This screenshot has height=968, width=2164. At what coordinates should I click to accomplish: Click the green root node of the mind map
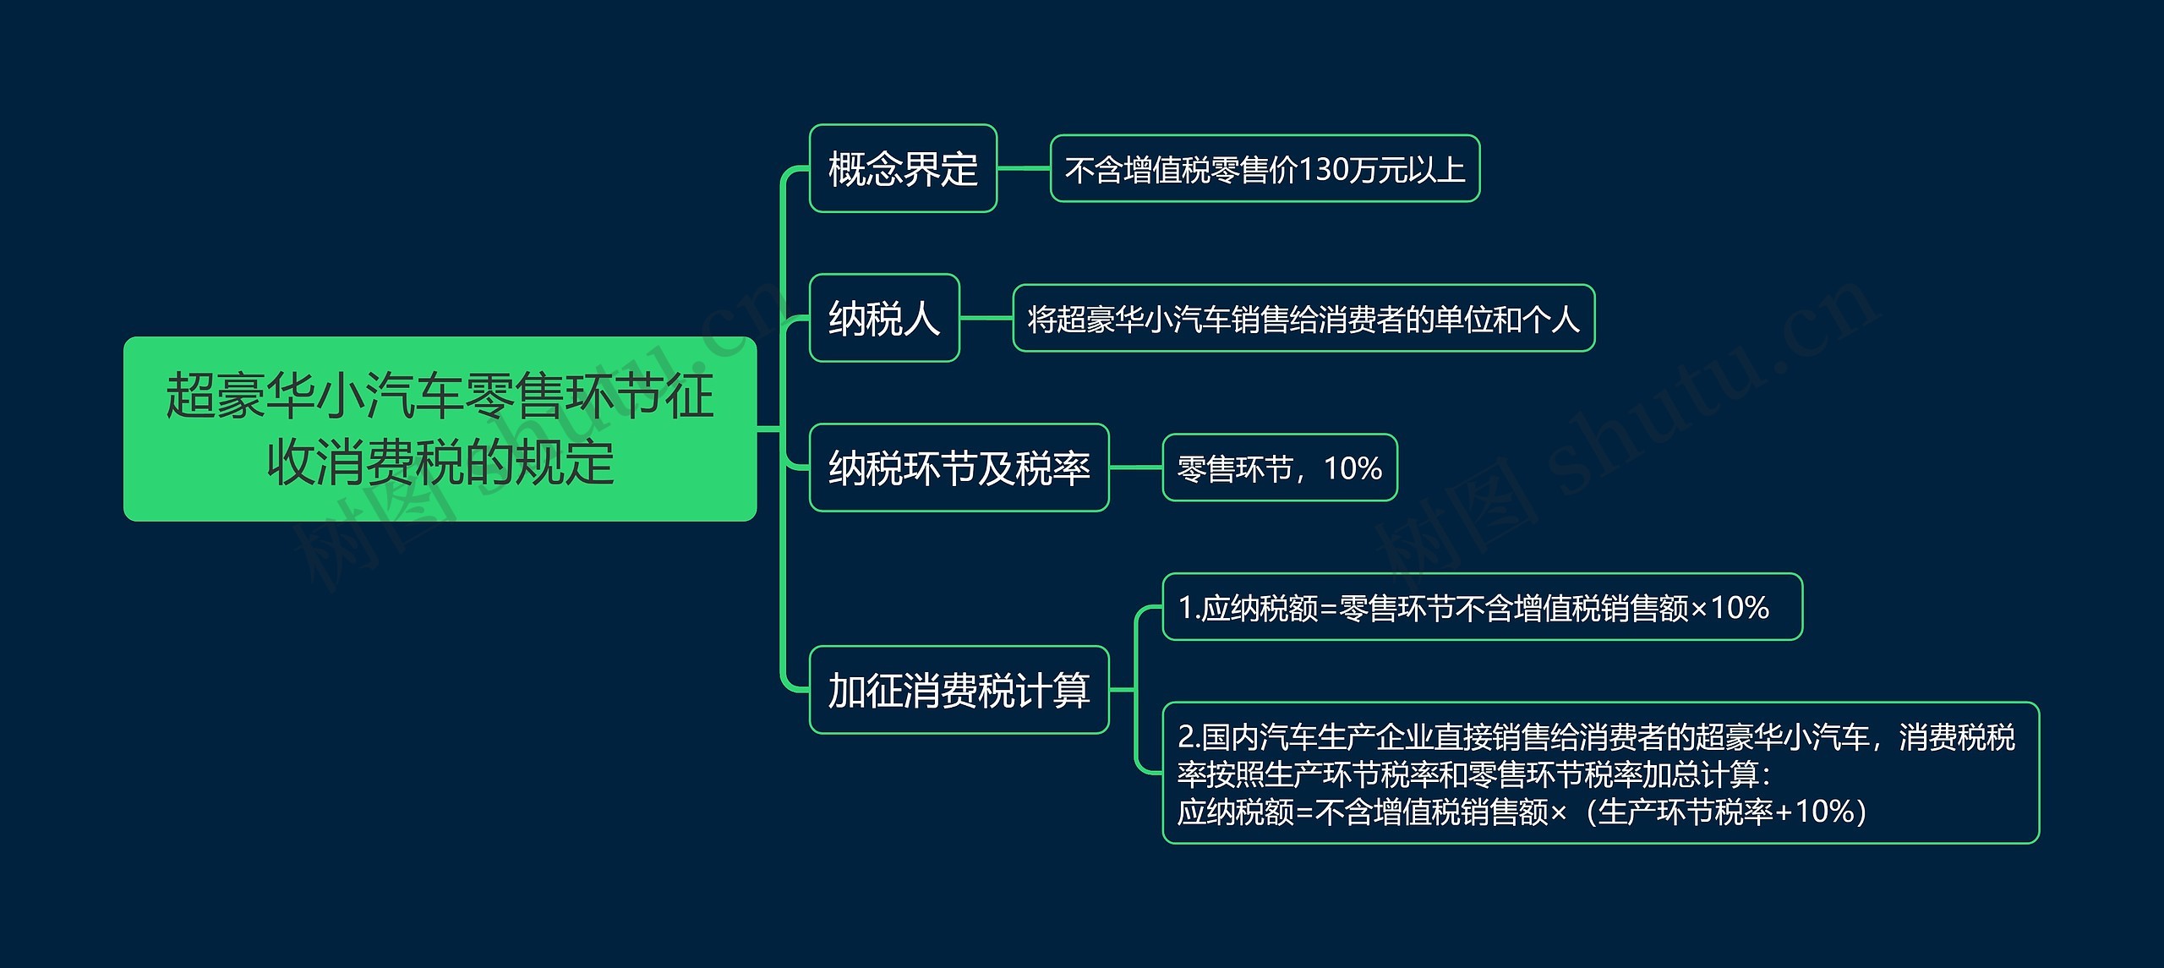(x=440, y=429)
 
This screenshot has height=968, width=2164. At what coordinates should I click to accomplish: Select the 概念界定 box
(x=903, y=168)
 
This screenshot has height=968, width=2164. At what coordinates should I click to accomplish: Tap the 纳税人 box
(x=884, y=318)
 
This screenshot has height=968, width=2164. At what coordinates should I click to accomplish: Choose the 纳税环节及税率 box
(x=959, y=468)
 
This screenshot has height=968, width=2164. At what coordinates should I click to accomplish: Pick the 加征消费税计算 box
(x=959, y=690)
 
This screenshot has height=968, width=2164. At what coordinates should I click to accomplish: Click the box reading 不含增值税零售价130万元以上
(x=1265, y=168)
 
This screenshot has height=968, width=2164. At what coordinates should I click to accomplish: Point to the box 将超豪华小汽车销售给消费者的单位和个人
(x=1303, y=318)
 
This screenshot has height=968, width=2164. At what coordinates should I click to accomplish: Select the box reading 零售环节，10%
(x=1280, y=468)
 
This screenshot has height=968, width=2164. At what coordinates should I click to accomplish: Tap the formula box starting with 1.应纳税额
(x=1483, y=607)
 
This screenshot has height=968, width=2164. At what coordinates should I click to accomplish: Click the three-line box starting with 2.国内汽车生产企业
(x=1601, y=773)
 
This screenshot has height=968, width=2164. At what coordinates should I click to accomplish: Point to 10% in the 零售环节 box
(x=1352, y=468)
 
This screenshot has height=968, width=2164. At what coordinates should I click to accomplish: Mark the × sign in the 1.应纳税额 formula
(x=1699, y=610)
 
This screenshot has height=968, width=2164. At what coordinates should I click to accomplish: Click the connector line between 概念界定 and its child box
(x=1024, y=168)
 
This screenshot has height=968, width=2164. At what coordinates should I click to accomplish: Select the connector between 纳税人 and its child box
(x=986, y=318)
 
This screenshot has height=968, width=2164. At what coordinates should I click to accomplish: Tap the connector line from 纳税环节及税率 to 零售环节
(x=1135, y=468)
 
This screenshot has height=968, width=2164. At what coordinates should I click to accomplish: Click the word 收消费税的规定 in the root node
(x=440, y=462)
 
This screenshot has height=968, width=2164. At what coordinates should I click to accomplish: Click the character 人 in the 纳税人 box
(x=923, y=319)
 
